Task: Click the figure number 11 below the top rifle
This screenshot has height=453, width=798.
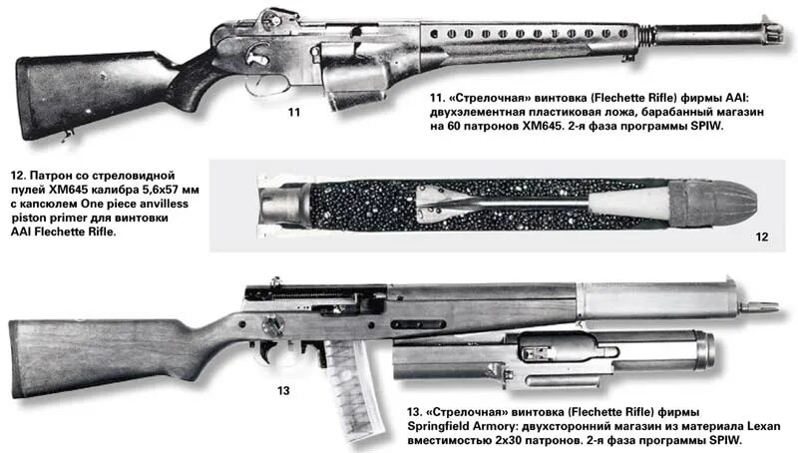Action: coord(293,113)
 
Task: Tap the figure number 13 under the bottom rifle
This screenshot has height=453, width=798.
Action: coord(283,390)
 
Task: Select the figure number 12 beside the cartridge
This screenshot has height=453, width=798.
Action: coord(762,237)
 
